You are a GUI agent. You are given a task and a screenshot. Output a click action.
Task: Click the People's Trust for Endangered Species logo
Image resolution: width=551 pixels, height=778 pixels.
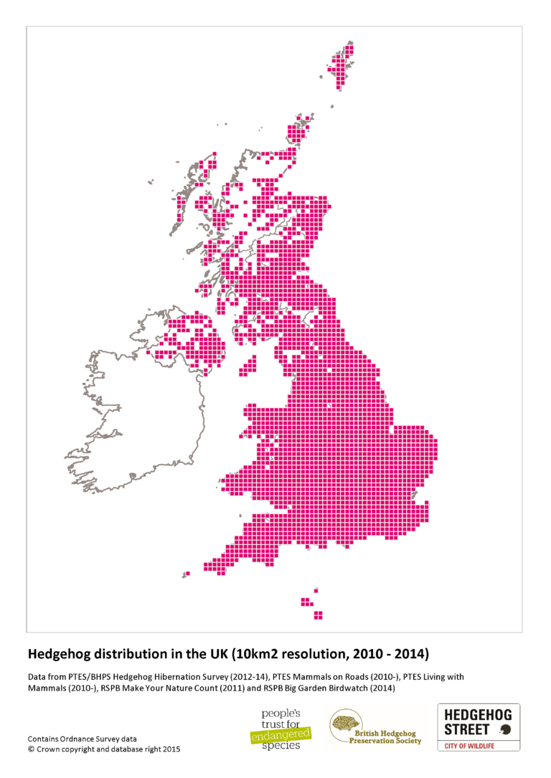[x=280, y=727]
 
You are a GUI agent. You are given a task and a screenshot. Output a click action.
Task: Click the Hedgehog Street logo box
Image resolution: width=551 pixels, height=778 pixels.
[x=479, y=727]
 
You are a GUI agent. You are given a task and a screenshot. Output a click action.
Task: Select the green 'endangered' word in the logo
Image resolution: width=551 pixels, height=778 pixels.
[x=281, y=733]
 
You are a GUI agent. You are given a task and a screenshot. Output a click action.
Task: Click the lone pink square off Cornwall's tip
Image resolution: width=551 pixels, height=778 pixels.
[x=187, y=574]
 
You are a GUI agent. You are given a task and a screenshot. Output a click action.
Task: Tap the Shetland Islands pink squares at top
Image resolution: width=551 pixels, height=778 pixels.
[x=345, y=69]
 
